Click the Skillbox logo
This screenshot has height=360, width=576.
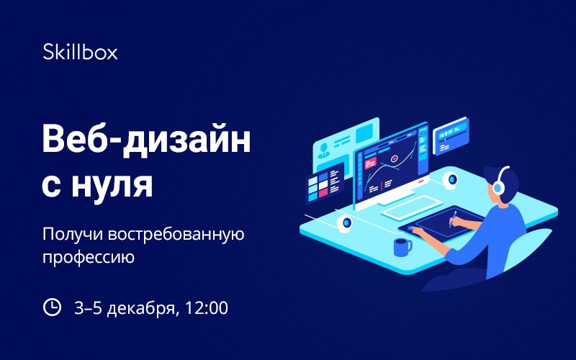[x=80, y=52]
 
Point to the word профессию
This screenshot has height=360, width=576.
[x=89, y=257]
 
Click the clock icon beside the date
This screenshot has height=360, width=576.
[x=52, y=307]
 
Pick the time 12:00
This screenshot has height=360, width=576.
[x=206, y=308]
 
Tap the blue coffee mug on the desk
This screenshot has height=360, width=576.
[x=402, y=247]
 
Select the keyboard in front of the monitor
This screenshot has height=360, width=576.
[x=411, y=207]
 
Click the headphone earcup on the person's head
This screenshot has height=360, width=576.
[x=498, y=188]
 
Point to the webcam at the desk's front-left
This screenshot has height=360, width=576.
[x=345, y=223]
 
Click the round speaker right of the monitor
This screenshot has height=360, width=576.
[x=451, y=180]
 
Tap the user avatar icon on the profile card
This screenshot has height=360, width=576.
[x=323, y=151]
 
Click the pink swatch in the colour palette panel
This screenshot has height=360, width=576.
[x=323, y=193]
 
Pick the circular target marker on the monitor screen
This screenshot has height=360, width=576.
[x=395, y=158]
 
